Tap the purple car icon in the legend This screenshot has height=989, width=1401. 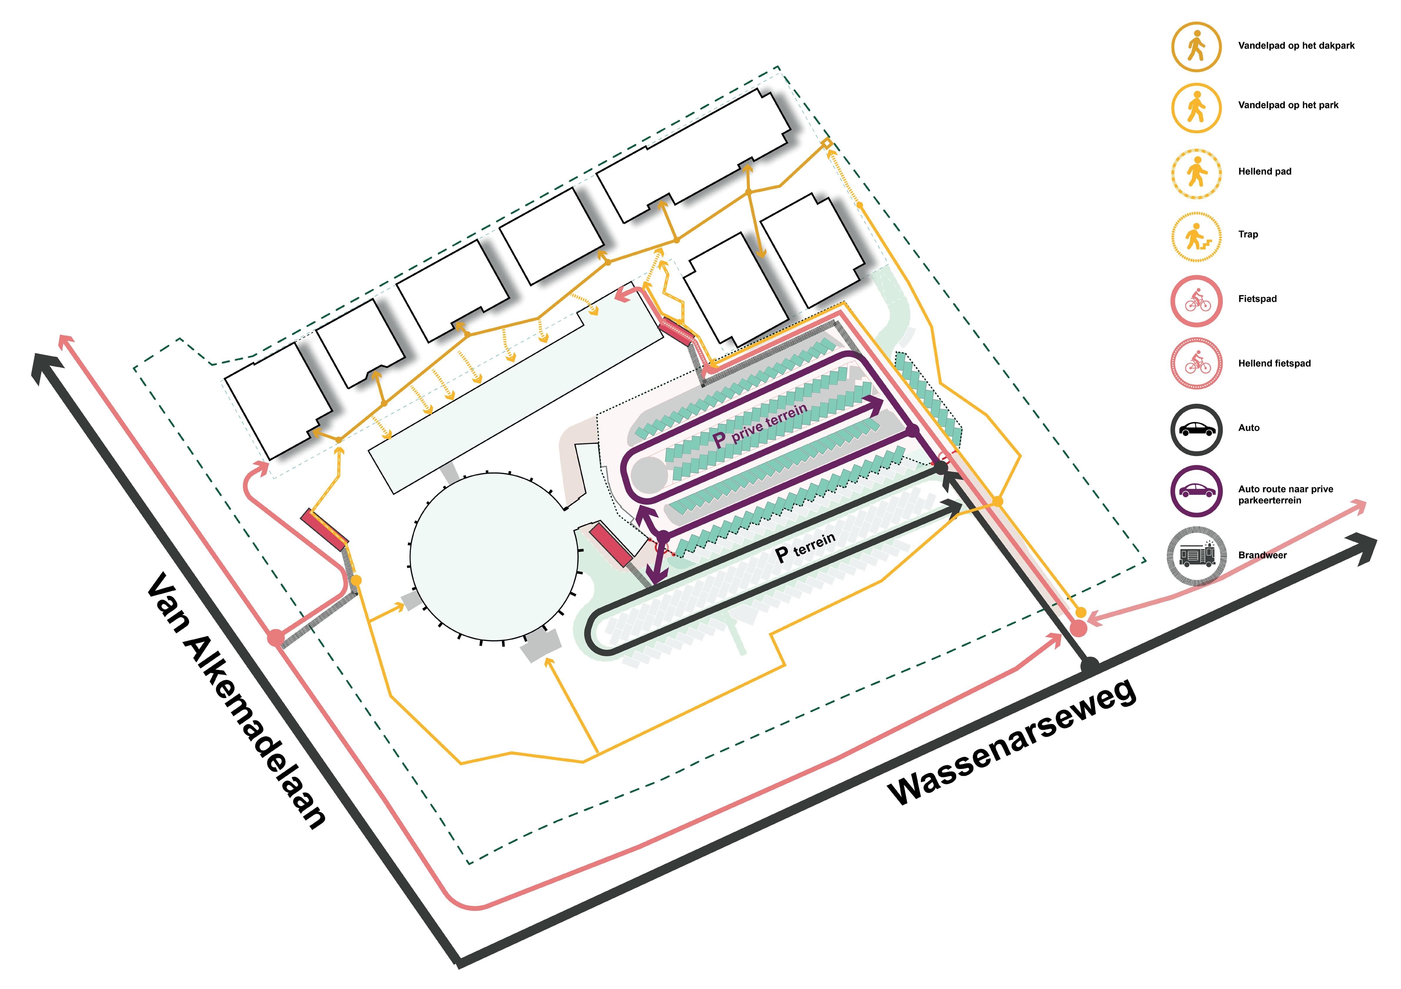[1197, 491]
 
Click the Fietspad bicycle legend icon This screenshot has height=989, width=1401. [1197, 300]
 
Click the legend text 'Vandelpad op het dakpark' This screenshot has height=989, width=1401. [1296, 46]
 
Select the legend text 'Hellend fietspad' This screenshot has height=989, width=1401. [1274, 363]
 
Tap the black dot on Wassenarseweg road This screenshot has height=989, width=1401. [1090, 666]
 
